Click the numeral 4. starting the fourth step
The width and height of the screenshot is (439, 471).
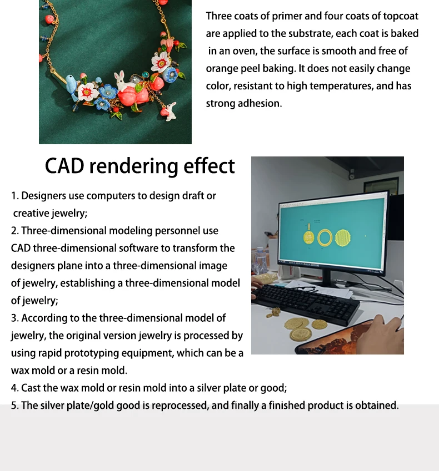(x=15, y=388)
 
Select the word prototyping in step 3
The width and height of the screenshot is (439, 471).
(x=114, y=353)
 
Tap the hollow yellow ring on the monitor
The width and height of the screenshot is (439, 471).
(x=326, y=239)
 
